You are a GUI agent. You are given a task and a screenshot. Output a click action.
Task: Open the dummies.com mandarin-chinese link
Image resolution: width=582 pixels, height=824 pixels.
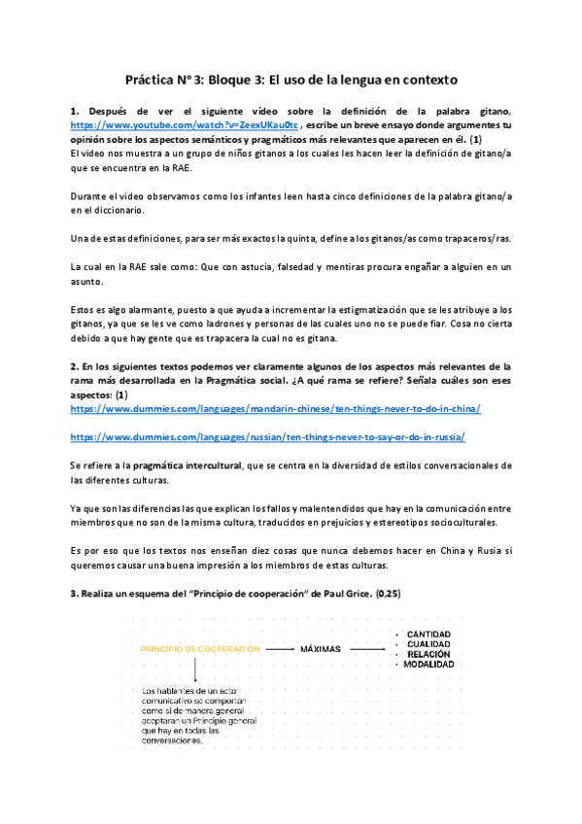[x=275, y=409]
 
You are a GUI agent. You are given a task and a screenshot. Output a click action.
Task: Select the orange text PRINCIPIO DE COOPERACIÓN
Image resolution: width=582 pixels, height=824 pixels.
[x=199, y=648]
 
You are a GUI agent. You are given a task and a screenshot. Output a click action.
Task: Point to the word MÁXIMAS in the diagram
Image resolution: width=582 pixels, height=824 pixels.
[x=324, y=648]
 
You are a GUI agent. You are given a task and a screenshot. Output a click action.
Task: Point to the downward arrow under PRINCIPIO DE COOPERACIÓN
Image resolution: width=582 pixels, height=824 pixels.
[x=194, y=669]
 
